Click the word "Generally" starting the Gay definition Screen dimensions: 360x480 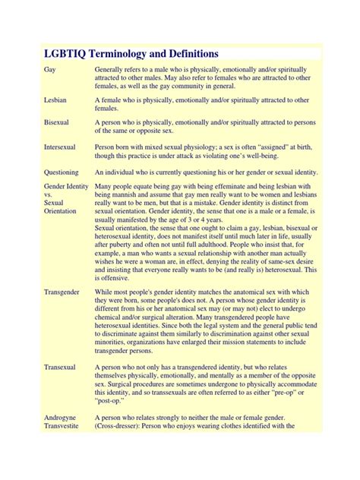tap(111, 69)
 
